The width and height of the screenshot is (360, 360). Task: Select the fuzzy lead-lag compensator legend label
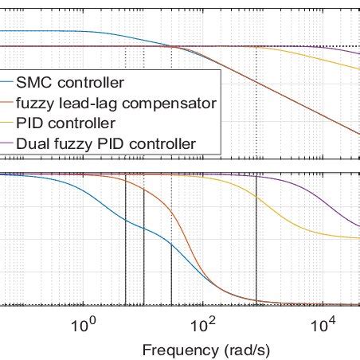click(116, 102)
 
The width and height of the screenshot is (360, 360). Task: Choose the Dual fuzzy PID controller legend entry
click(105, 144)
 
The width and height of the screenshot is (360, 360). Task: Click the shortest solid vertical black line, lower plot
click(172, 275)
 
